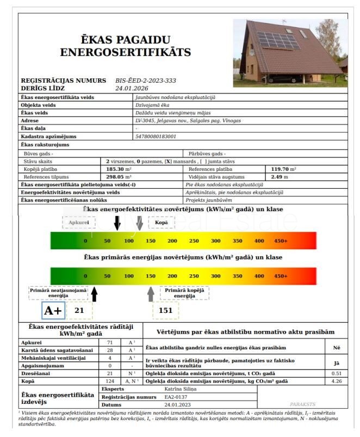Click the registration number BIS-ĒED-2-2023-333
[145, 80]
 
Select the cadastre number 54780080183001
[156, 136]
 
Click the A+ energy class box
[53, 310]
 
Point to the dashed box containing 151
[165, 311]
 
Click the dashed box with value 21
[80, 311]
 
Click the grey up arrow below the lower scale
[151, 294]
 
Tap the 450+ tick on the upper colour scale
[281, 241]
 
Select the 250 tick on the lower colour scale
[194, 276]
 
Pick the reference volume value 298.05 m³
[120, 177]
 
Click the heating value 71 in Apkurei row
[110, 342]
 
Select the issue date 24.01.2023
[177, 405]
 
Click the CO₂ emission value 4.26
[337, 381]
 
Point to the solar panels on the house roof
[277, 40]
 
